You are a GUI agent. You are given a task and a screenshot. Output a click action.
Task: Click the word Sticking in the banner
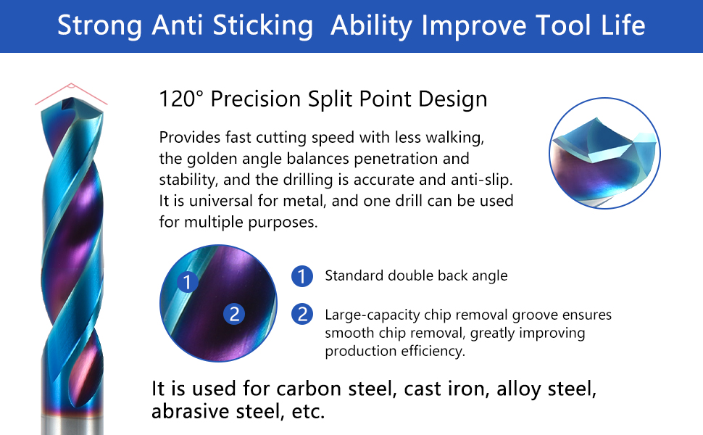pos(263,25)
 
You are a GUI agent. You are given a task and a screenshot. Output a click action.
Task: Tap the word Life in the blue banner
pos(623,25)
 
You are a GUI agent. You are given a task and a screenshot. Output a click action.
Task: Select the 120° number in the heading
pos(181,99)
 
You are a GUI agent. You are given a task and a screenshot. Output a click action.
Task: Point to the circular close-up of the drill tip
pos(604,153)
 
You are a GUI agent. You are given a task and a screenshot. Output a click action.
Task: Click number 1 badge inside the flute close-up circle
pos(188,281)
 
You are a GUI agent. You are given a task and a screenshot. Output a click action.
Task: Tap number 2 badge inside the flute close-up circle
pos(234,314)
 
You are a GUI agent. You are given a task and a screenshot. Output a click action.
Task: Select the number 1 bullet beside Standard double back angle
pos(302,275)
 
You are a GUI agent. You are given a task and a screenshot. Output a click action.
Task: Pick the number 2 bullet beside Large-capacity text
pos(302,314)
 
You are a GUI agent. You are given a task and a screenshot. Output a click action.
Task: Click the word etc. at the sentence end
pos(308,412)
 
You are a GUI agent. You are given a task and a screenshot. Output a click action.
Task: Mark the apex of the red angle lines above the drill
pos(71,84)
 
